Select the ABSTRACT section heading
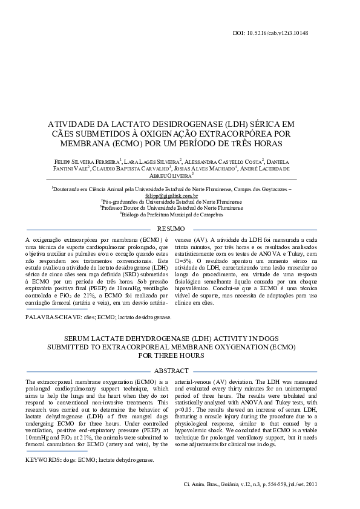(x=171, y=370)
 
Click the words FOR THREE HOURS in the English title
(x=172, y=356)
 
